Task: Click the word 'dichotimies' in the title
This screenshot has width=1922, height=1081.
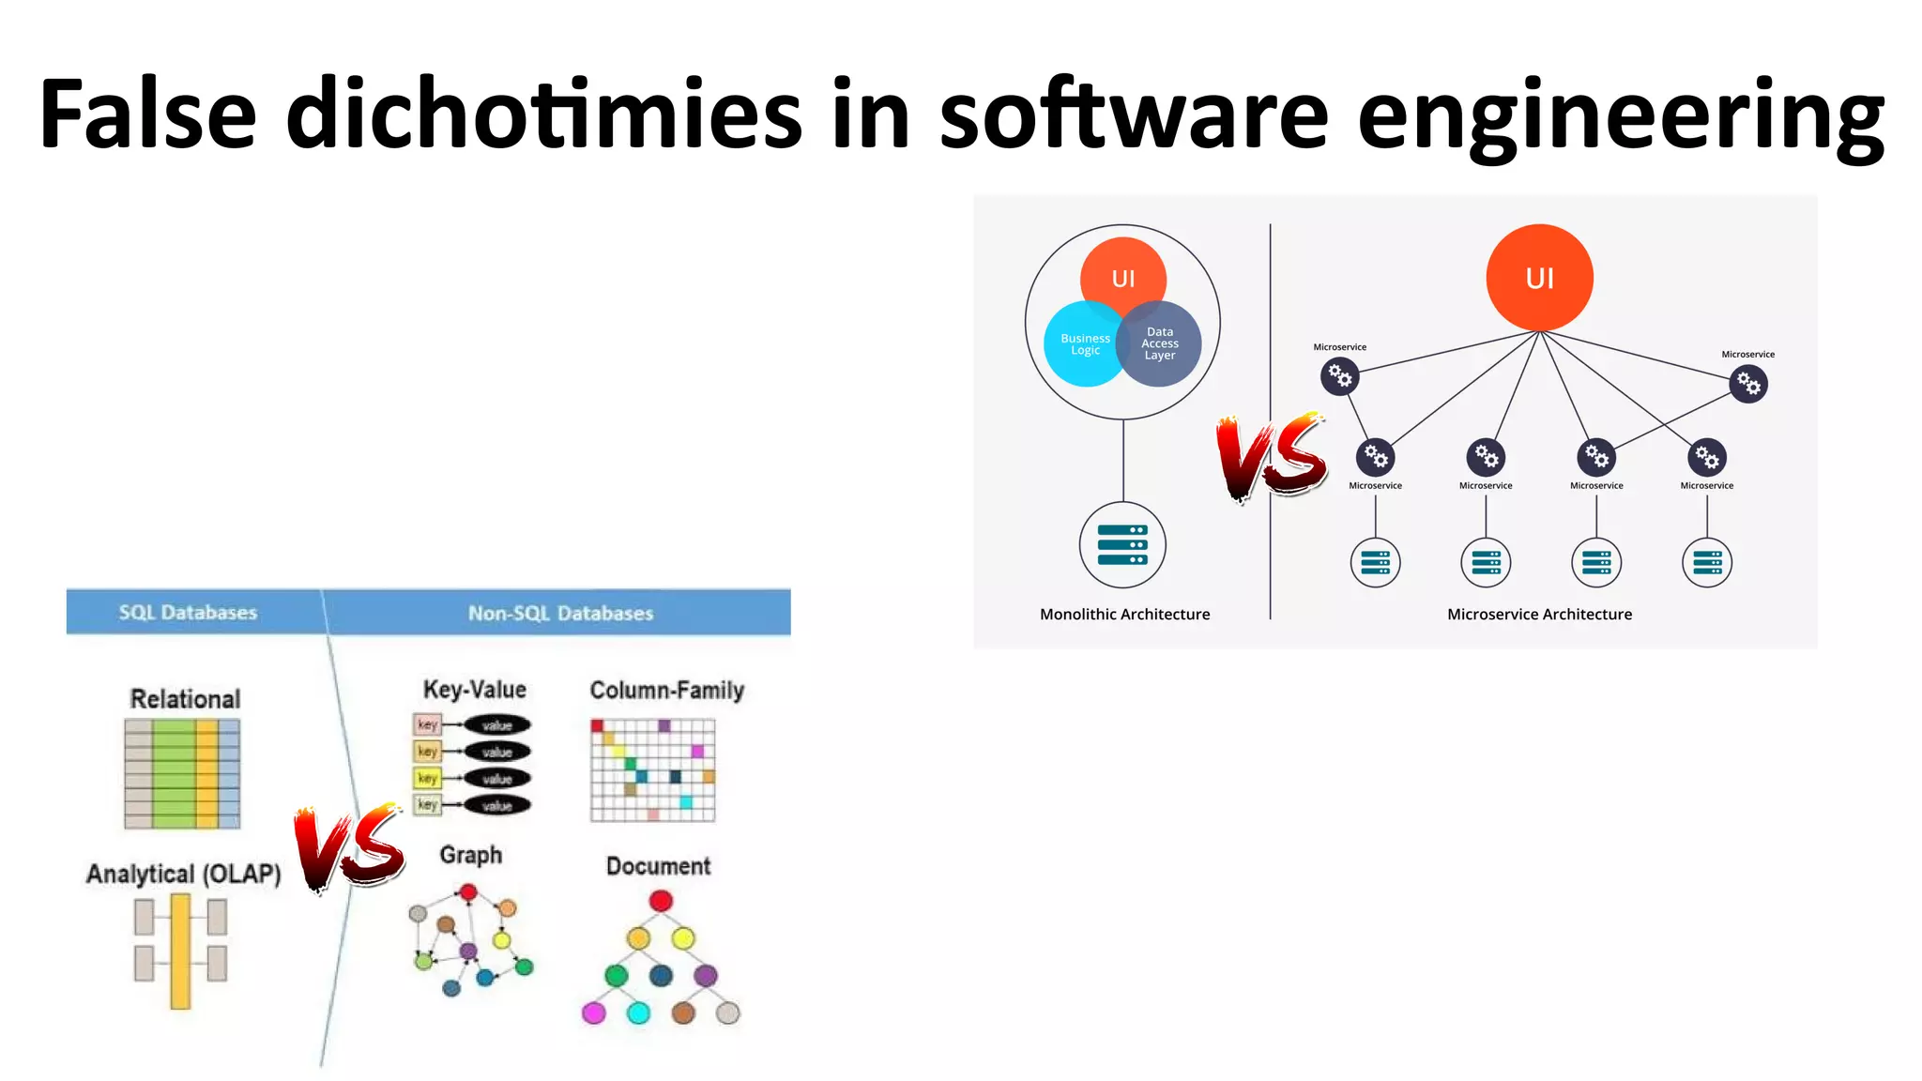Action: pyautogui.click(x=543, y=114)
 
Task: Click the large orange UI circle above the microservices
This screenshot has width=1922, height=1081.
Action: pyautogui.click(x=1539, y=278)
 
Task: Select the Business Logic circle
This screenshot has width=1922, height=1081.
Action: pyautogui.click(x=1081, y=344)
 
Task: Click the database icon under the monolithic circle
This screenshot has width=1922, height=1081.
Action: pyautogui.click(x=1122, y=545)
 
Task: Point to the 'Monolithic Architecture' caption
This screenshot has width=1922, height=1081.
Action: pyautogui.click(x=1124, y=615)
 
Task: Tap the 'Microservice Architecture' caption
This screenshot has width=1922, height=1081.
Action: pyautogui.click(x=1539, y=615)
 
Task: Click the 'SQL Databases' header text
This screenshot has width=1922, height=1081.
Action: pyautogui.click(x=188, y=613)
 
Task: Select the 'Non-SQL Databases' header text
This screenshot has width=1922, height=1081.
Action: pyautogui.click(x=560, y=614)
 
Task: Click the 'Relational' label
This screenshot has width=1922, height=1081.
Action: pyautogui.click(x=185, y=699)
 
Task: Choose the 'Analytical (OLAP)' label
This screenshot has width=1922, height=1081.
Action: pyautogui.click(x=184, y=874)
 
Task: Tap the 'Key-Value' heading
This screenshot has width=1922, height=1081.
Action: pyautogui.click(x=474, y=690)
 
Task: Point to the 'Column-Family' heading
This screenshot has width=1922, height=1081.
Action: pyautogui.click(x=666, y=691)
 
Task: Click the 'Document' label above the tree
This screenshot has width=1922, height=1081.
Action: pyautogui.click(x=658, y=866)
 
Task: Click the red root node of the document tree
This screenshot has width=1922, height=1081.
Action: pyautogui.click(x=661, y=901)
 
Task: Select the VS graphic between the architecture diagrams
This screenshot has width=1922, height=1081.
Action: pyautogui.click(x=1272, y=457)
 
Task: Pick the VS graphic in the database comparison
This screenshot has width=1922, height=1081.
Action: pyautogui.click(x=349, y=847)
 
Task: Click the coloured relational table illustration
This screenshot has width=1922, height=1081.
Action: pyautogui.click(x=182, y=774)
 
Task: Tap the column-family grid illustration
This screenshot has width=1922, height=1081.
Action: pyautogui.click(x=653, y=770)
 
